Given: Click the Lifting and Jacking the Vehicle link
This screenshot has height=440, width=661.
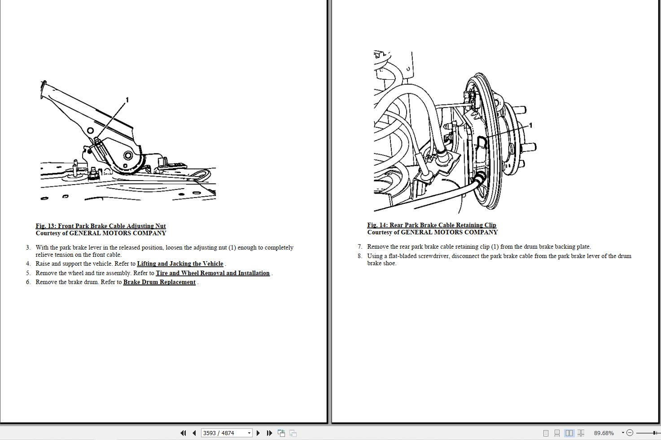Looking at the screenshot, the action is [x=180, y=264].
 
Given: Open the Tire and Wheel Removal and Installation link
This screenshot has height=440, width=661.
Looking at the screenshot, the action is [x=213, y=273].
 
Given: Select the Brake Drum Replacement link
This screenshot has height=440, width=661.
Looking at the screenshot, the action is [x=159, y=282].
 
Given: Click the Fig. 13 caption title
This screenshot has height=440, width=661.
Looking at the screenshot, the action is [x=101, y=226].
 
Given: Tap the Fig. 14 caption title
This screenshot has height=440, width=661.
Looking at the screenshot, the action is [x=432, y=225].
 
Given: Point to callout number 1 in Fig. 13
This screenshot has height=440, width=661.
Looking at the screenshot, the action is [x=127, y=100].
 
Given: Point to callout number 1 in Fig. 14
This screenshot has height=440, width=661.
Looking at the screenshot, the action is [x=530, y=125].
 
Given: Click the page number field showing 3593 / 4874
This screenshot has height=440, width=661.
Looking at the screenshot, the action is [x=226, y=433].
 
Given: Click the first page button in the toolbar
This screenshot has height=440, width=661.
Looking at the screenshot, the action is [x=183, y=433].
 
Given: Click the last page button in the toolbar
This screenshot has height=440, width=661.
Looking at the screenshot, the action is [x=269, y=433].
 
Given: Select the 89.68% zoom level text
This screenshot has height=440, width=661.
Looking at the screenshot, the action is [x=604, y=433].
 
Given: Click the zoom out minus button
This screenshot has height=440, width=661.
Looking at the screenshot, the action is [x=630, y=433].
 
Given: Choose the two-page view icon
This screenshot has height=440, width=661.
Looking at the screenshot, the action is [x=569, y=433].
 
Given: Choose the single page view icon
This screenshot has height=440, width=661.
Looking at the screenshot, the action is [x=546, y=433].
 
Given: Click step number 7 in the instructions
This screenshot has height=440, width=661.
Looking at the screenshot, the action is [x=360, y=247].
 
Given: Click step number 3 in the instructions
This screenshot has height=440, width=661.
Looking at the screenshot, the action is [x=28, y=247].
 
